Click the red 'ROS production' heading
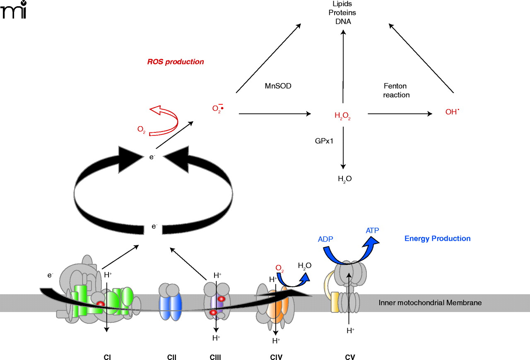[176, 62]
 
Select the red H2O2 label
[343, 116]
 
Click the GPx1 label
[324, 141]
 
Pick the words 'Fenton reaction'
[396, 91]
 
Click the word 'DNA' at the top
[343, 22]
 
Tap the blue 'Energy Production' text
[437, 239]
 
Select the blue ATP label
[372, 231]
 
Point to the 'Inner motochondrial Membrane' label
[430, 303]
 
